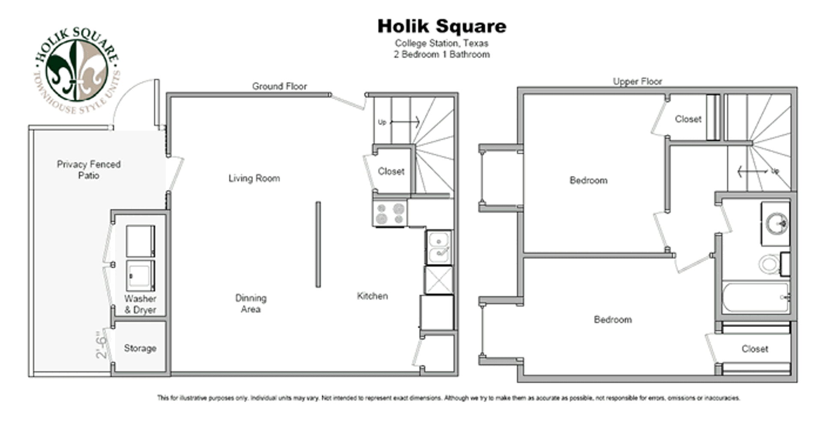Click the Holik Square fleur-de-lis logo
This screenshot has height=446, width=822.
(x=77, y=70)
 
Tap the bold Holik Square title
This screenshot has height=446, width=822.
(x=442, y=26)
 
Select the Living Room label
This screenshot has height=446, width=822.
(x=254, y=178)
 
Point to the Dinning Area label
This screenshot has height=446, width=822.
(x=251, y=303)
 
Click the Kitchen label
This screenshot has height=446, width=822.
(x=372, y=296)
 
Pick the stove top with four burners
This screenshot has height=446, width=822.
(x=390, y=213)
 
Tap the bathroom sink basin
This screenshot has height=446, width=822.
(x=776, y=223)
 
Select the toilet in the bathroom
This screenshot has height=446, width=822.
(x=774, y=264)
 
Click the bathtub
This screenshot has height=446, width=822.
(x=756, y=297)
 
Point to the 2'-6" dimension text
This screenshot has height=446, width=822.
(x=101, y=345)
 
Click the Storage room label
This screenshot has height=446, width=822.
(x=140, y=348)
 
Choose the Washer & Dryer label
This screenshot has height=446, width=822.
(x=140, y=304)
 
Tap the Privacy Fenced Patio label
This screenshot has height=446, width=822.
(x=89, y=170)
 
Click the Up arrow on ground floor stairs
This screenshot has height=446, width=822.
(x=404, y=122)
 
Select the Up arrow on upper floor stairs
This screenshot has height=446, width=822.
(x=753, y=172)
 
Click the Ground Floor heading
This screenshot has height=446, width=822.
(x=280, y=86)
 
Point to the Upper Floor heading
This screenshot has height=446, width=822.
(x=637, y=81)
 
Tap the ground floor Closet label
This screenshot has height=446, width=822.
(x=391, y=171)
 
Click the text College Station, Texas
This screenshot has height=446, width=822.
(x=442, y=43)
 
